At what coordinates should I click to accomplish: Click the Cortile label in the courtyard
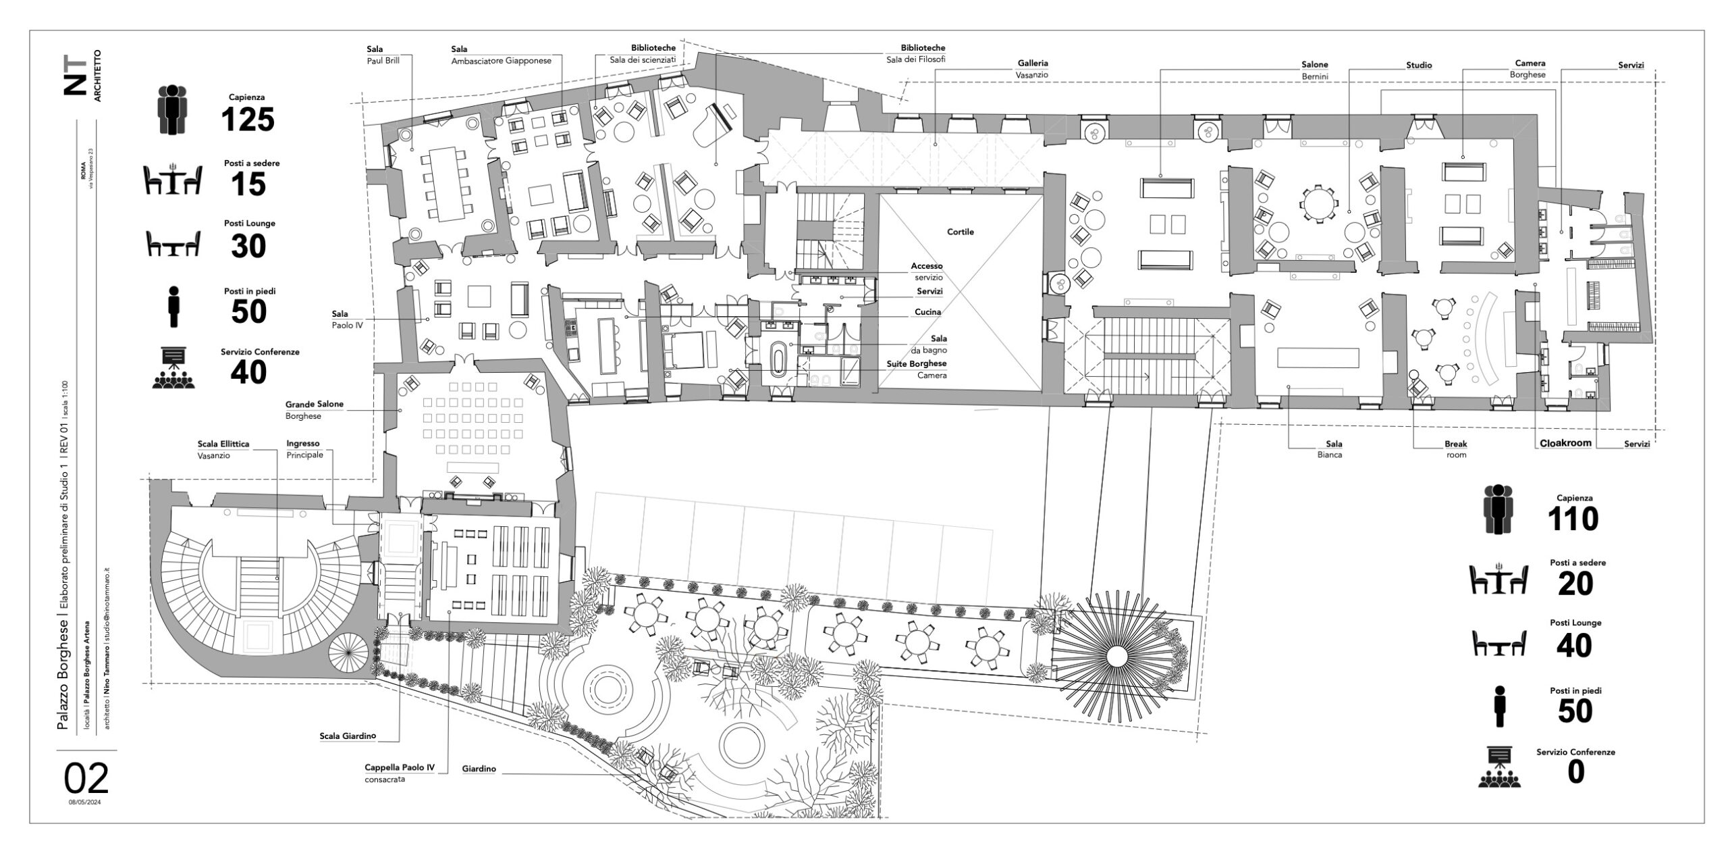(x=960, y=232)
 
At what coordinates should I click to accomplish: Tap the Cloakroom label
(x=1565, y=443)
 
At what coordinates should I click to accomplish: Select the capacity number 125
(x=248, y=120)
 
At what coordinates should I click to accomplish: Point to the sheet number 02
(x=86, y=778)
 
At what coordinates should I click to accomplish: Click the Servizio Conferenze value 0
(x=1575, y=772)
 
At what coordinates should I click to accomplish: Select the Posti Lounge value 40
(x=1575, y=646)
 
